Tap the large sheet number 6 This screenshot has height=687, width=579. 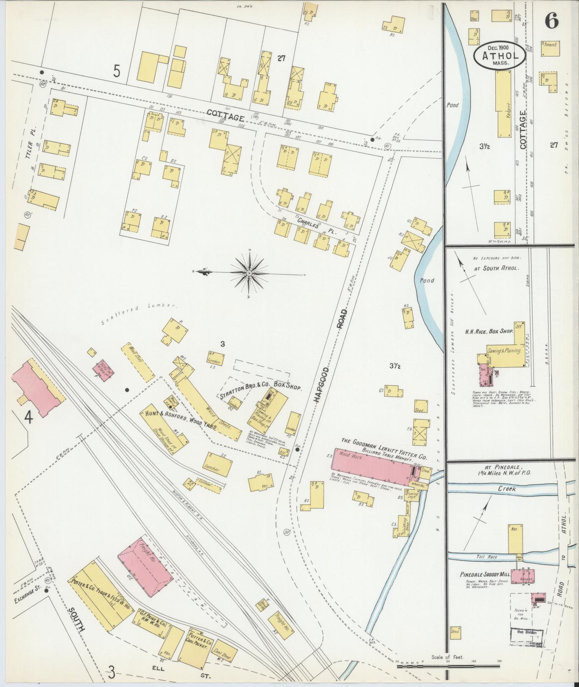coord(552,21)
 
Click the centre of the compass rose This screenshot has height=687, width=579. coord(249,273)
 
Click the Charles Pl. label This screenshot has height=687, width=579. coord(317,226)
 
